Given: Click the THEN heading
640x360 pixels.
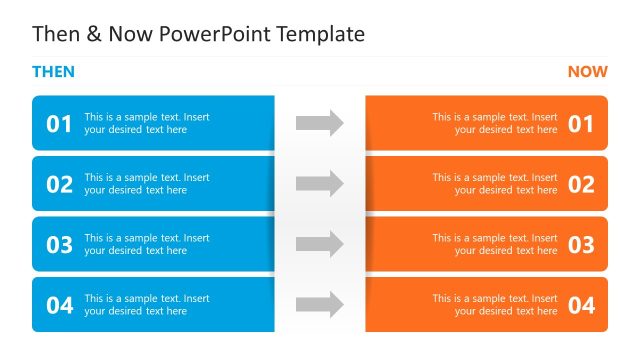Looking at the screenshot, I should pyautogui.click(x=53, y=72).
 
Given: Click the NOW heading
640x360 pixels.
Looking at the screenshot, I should pyautogui.click(x=587, y=72).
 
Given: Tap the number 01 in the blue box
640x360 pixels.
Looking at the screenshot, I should pyautogui.click(x=60, y=124).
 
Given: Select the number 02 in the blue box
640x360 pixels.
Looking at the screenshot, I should pyautogui.click(x=60, y=184).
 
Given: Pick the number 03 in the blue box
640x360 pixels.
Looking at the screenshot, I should pyautogui.click(x=60, y=245).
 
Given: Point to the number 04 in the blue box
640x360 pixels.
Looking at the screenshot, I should pyautogui.click(x=60, y=306).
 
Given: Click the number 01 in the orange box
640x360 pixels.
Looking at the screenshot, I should pyautogui.click(x=581, y=124).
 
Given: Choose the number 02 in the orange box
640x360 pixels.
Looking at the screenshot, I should pyautogui.click(x=581, y=184).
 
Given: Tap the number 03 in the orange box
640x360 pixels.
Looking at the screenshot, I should pyautogui.click(x=581, y=245).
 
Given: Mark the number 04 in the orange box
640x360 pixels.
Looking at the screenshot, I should pyautogui.click(x=581, y=306).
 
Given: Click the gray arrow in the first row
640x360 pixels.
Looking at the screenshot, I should pyautogui.click(x=320, y=123).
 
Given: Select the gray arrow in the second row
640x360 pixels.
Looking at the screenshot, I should pyautogui.click(x=320, y=184).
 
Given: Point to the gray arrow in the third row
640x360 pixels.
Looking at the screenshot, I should pyautogui.click(x=320, y=244).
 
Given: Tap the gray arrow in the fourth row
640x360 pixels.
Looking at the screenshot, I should pyautogui.click(x=320, y=305).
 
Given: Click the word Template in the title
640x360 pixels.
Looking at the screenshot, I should pyautogui.click(x=318, y=35).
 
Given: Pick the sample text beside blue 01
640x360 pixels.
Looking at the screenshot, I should pyautogui.click(x=147, y=123).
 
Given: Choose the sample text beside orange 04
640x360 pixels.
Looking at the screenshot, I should pyautogui.click(x=495, y=304).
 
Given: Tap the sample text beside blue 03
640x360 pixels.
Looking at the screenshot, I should pyautogui.click(x=147, y=244).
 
